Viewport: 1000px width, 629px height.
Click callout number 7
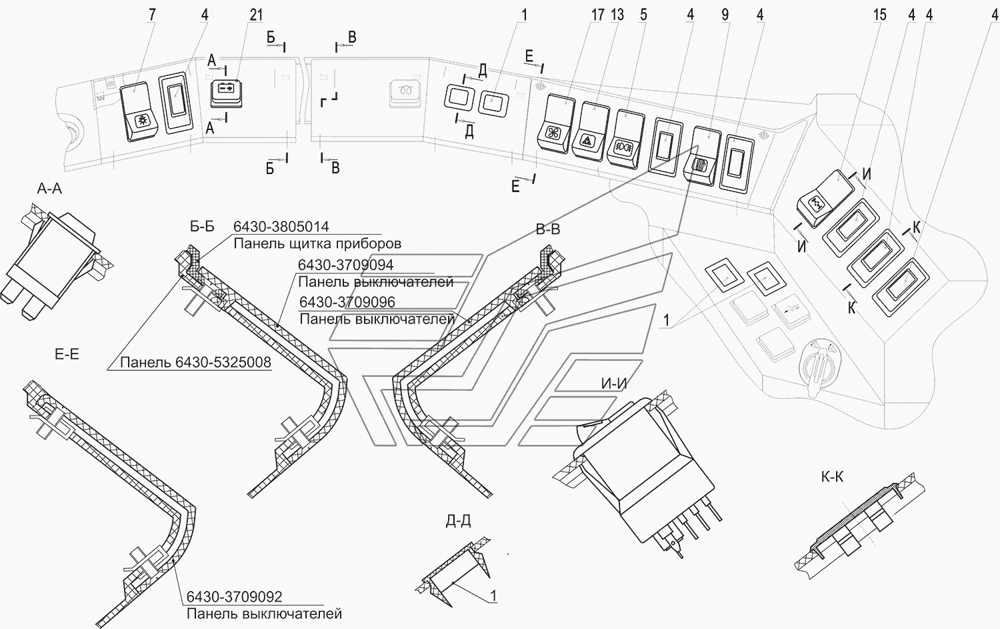point(152,14)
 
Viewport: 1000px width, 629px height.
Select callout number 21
point(256,14)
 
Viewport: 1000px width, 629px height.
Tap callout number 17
point(598,14)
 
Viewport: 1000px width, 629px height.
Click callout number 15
point(880,14)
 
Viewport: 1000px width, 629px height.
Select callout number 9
point(725,14)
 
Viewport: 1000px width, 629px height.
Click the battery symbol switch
point(226,90)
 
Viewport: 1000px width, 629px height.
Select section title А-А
point(49,189)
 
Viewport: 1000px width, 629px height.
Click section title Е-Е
point(67,354)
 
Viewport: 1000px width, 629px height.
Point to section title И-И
point(613,383)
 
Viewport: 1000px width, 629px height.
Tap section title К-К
point(833,477)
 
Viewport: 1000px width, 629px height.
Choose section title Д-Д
point(459,520)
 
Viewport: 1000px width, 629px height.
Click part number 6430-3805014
point(281,227)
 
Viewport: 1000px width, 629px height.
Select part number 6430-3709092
point(234,597)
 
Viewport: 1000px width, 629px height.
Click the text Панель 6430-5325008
point(195,362)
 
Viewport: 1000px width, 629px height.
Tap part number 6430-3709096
point(347,302)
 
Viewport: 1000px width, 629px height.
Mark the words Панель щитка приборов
point(317,243)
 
